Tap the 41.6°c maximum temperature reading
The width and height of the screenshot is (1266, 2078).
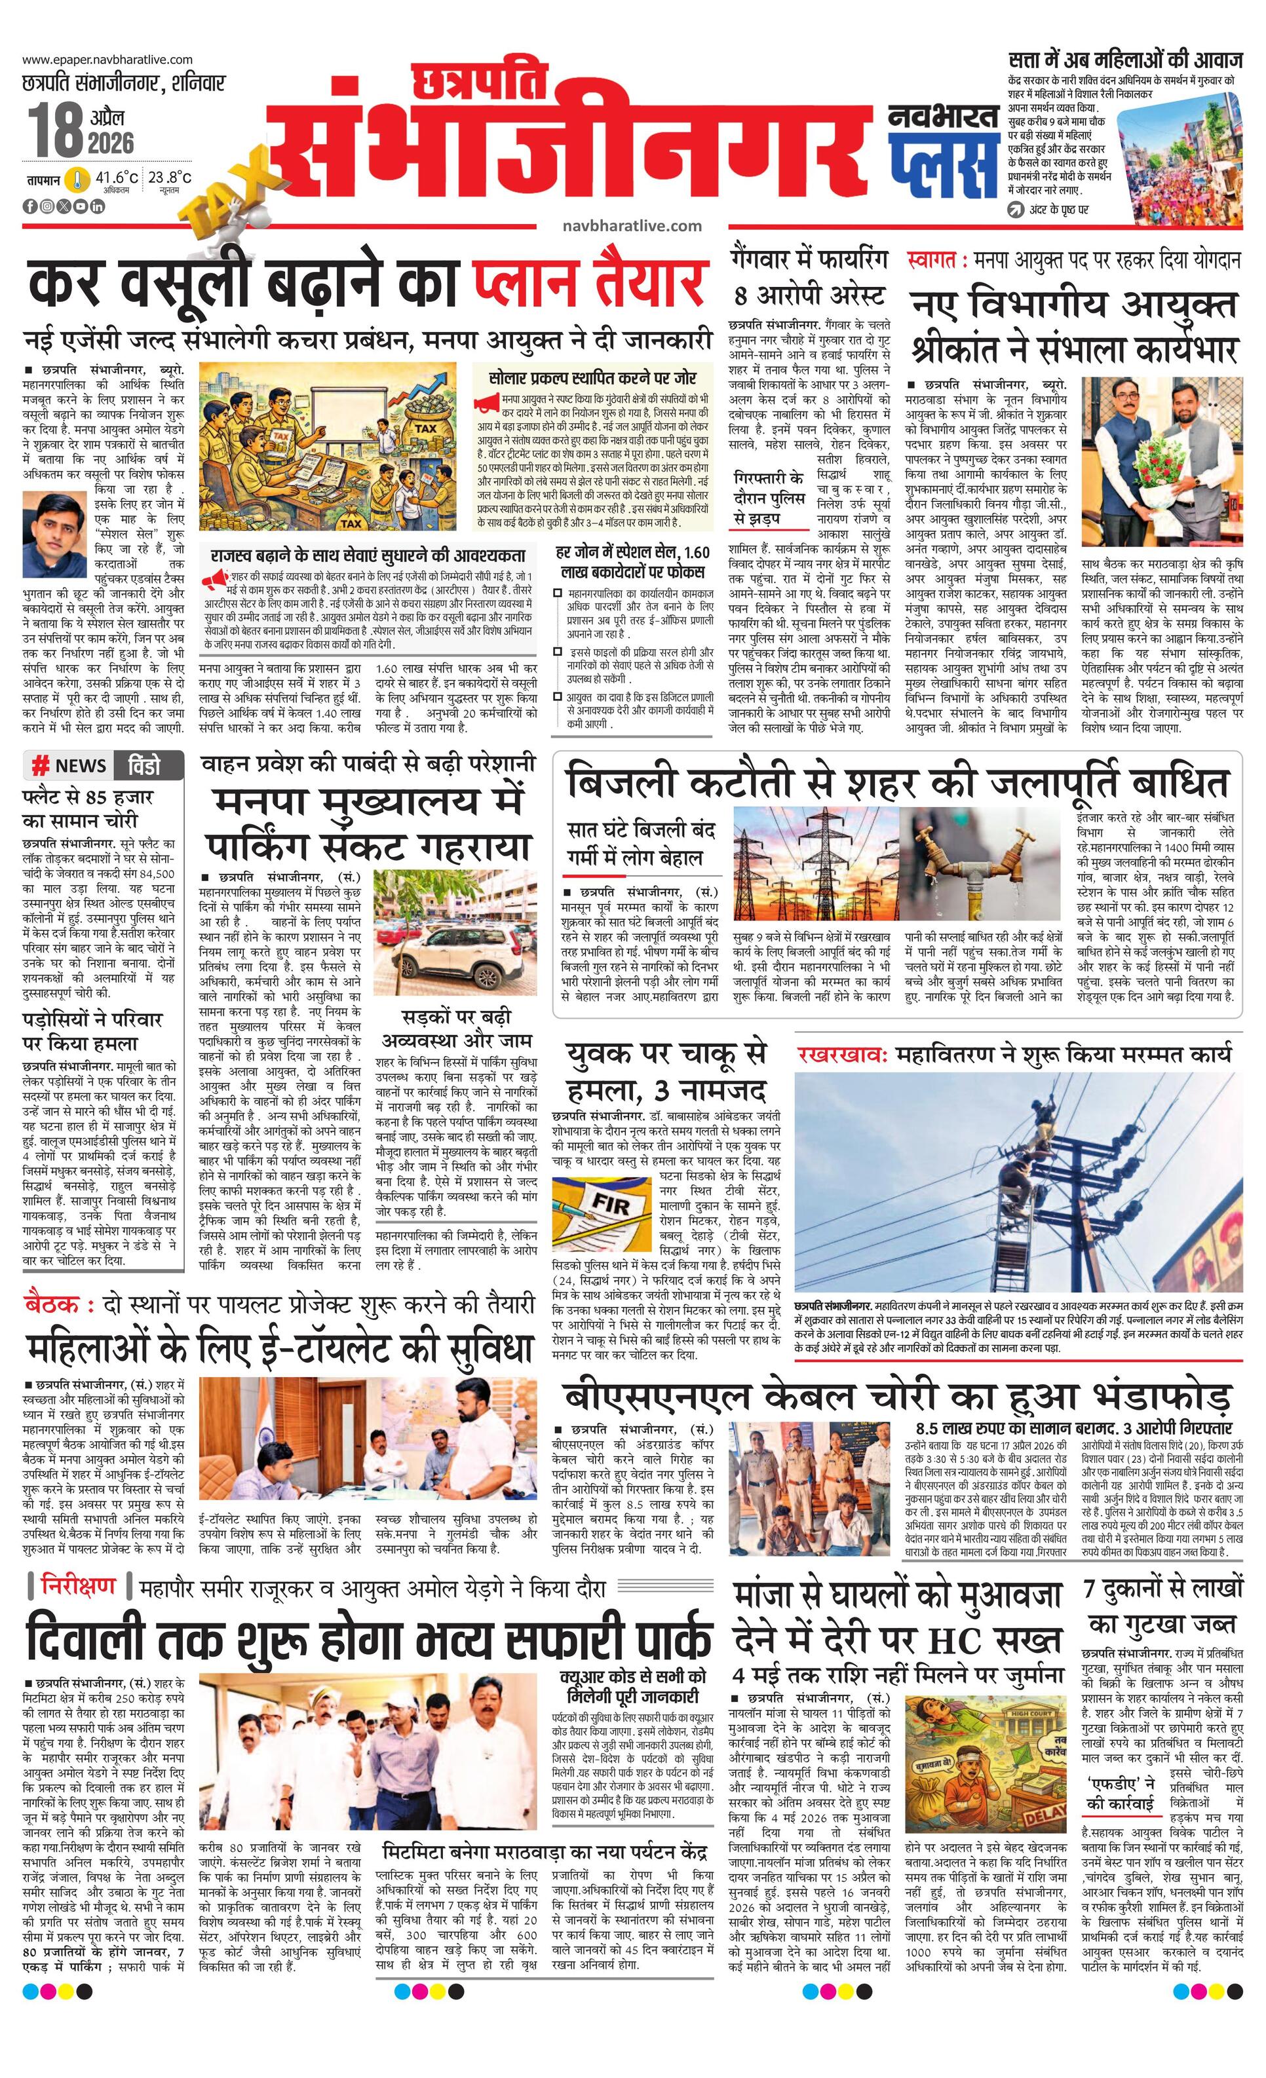pos(117,179)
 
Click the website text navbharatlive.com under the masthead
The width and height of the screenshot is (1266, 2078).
pos(632,225)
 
